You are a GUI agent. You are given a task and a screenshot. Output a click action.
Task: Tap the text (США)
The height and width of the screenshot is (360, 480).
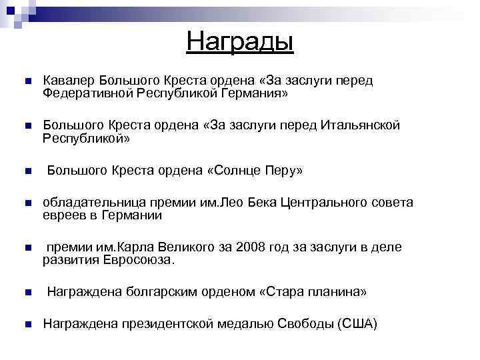pos(357,325)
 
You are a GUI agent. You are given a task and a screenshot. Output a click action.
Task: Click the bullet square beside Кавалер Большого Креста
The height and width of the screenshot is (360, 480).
pos(27,81)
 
